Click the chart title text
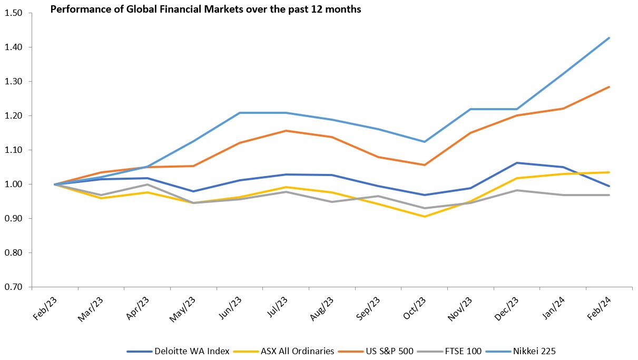pos(205,9)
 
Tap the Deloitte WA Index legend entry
pos(191,351)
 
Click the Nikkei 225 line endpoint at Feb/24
pos(610,38)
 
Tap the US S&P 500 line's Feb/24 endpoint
pos(610,87)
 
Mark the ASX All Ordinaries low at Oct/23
pos(425,217)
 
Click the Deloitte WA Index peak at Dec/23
pos(517,163)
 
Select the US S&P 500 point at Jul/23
pos(286,131)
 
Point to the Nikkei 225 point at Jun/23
pos(240,113)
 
